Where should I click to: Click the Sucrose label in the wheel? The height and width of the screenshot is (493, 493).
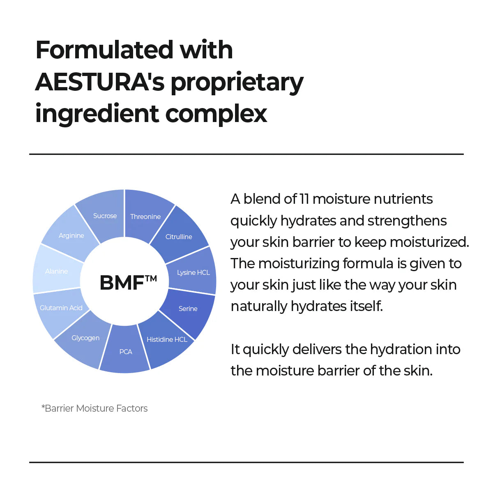click(x=105, y=216)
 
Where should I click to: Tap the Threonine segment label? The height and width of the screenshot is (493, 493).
click(x=145, y=217)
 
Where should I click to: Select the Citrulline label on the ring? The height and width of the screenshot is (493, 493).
click(x=179, y=237)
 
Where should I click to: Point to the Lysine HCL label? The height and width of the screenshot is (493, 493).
click(x=193, y=272)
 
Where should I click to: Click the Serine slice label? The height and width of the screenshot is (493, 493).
click(x=188, y=309)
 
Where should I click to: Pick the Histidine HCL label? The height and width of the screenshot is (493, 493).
click(x=167, y=339)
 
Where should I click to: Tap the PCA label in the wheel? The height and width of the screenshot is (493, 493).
click(x=126, y=352)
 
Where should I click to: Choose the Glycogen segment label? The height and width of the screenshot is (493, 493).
click(x=85, y=338)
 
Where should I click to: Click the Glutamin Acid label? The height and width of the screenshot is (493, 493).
click(x=61, y=308)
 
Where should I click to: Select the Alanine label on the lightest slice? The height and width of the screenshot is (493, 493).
click(x=57, y=271)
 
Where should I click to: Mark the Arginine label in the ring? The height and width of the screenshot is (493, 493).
click(x=71, y=235)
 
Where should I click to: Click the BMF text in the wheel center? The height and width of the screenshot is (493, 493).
click(x=122, y=283)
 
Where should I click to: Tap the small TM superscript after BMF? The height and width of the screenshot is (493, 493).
click(x=151, y=278)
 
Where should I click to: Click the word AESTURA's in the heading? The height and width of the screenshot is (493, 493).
click(x=100, y=82)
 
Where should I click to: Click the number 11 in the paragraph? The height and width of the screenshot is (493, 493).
click(x=304, y=199)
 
